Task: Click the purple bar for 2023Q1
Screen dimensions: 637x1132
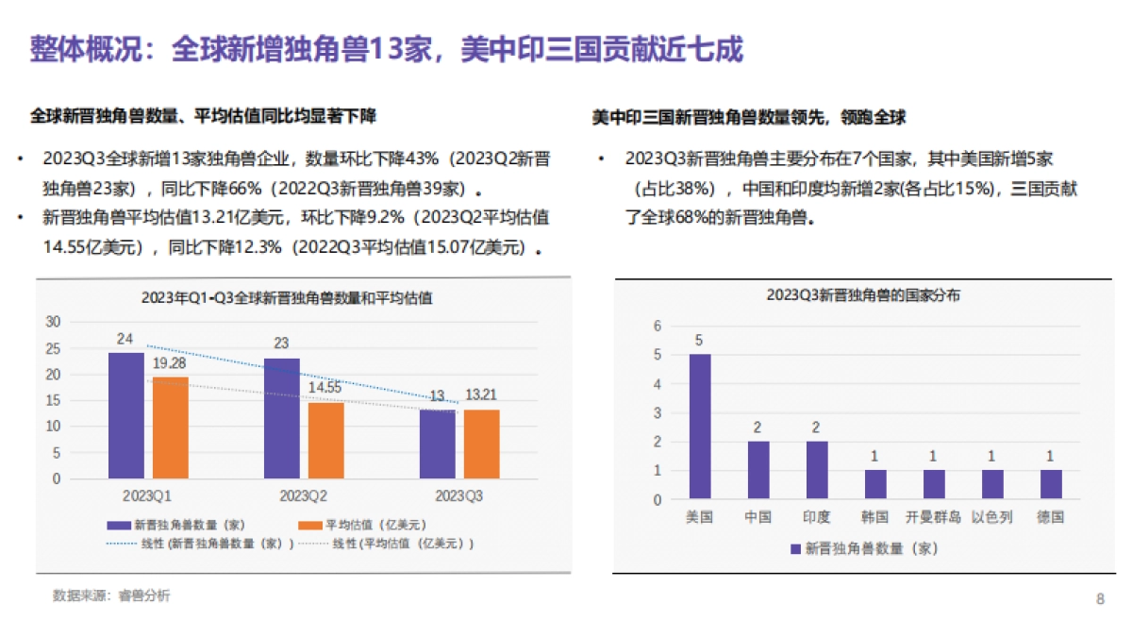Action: point(125,416)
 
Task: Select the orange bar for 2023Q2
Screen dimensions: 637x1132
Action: point(325,441)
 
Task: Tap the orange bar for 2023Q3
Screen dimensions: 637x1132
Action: point(481,444)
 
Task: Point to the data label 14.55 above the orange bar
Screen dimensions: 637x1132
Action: point(326,387)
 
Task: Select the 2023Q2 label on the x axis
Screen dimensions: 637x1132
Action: point(304,495)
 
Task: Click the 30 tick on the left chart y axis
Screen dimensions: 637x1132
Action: point(53,322)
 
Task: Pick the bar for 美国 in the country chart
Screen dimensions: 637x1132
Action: point(699,426)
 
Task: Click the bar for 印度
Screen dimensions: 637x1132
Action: point(816,469)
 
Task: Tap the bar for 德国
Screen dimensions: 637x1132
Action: point(1051,484)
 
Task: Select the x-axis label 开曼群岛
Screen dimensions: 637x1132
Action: point(933,517)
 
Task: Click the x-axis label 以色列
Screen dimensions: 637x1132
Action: point(991,517)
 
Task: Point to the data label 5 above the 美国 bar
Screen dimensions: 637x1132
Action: point(699,341)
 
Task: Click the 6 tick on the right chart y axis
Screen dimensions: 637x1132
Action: point(658,326)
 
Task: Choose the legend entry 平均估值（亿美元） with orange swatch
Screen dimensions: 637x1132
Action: point(363,526)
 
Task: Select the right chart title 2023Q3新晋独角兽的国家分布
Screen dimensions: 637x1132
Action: point(862,295)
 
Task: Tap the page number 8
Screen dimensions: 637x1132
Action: point(1100,599)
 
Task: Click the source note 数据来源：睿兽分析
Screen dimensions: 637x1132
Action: point(111,595)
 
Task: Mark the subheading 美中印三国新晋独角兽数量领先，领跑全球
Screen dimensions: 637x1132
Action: point(749,118)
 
